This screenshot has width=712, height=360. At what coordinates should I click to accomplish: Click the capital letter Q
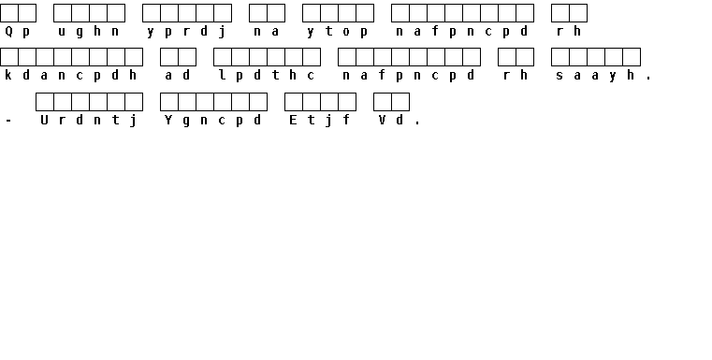pyautogui.click(x=8, y=31)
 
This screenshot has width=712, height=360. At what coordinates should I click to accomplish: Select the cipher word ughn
pyautogui.click(x=89, y=32)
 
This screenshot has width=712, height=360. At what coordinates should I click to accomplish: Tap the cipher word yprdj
pyautogui.click(x=186, y=32)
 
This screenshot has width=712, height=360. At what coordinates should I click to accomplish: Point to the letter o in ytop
pyautogui.click(x=346, y=32)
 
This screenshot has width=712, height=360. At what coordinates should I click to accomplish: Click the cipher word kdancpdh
pyautogui.click(x=71, y=76)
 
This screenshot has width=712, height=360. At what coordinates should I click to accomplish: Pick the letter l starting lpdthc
pyautogui.click(x=222, y=75)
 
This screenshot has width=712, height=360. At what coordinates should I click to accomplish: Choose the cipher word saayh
pyautogui.click(x=595, y=76)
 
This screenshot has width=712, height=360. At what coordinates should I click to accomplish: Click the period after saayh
pyautogui.click(x=648, y=79)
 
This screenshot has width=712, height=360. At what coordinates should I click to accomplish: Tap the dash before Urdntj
pyautogui.click(x=8, y=121)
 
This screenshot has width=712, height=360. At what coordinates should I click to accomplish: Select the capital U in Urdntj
pyautogui.click(x=44, y=121)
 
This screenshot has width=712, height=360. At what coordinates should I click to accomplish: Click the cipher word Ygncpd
pyautogui.click(x=213, y=121)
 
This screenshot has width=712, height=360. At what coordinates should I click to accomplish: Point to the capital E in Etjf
pyautogui.click(x=293, y=121)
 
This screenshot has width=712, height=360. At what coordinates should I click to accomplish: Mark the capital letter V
pyautogui.click(x=382, y=121)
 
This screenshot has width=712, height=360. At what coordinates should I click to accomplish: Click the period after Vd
pyautogui.click(x=417, y=123)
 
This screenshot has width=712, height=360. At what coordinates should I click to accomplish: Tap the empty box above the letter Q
pyautogui.click(x=9, y=13)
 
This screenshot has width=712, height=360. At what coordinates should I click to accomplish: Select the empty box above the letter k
pyautogui.click(x=9, y=57)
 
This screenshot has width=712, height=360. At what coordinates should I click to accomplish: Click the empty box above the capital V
pyautogui.click(x=383, y=102)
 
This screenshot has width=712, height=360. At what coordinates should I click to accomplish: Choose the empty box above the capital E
pyautogui.click(x=294, y=102)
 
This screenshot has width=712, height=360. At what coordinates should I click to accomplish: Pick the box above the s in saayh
pyautogui.click(x=559, y=57)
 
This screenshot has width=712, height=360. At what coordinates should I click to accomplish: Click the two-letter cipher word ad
pyautogui.click(x=178, y=75)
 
